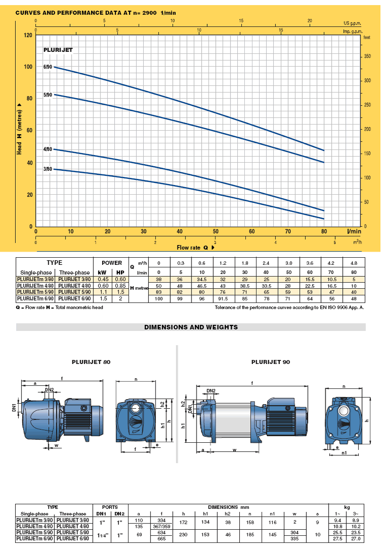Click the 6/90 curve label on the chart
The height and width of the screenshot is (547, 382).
[48, 67]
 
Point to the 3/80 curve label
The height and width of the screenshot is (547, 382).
[48, 169]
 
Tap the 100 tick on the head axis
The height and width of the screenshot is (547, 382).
[28, 67]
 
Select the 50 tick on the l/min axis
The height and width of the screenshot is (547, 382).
[216, 231]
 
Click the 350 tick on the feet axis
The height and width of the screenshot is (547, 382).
[367, 56]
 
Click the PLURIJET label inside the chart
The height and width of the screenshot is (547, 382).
[58, 50]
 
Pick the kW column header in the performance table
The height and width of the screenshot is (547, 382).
[102, 272]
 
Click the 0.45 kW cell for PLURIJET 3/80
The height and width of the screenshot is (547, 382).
[103, 279]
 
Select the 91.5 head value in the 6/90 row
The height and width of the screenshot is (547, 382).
[222, 298]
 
